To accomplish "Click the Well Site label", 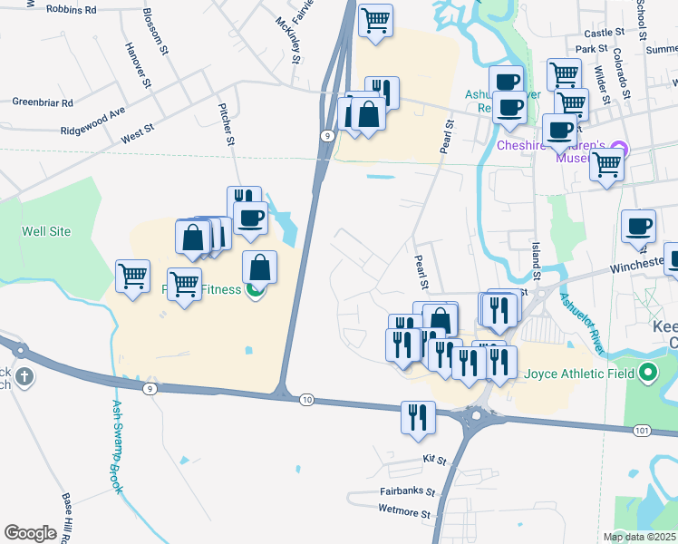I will coord(45,231).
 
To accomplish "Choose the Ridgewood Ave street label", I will coord(92,119).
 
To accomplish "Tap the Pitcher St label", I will coord(228,125).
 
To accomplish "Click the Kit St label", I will coord(435,461).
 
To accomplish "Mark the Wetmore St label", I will coord(405,512).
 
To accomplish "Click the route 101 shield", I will coord(642,429).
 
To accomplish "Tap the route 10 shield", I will coord(306,399).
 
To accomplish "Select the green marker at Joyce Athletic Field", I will coord(647,372).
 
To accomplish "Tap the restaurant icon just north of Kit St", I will coord(417,418).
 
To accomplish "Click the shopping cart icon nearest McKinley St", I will coord(375,19).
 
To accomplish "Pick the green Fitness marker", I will coord(257,289).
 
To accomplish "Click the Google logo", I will coord(31,533).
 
